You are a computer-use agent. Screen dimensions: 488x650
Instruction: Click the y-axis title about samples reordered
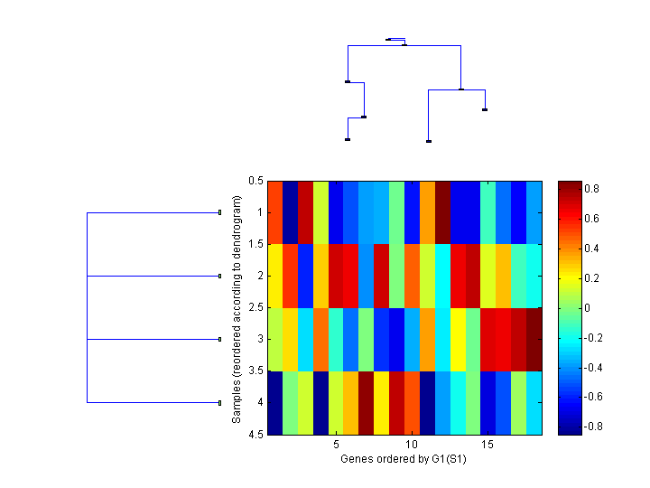pos(237,307)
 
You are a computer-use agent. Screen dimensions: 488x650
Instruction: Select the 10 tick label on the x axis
pos(412,446)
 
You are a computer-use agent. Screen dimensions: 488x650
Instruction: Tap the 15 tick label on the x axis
pos(487,446)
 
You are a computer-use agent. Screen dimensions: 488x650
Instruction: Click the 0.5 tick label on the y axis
pos(255,181)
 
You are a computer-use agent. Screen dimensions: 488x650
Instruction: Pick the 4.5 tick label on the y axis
pos(255,434)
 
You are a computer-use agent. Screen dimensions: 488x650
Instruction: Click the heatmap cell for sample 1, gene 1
pos(275,212)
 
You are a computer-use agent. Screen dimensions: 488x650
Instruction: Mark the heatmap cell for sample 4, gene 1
pos(275,402)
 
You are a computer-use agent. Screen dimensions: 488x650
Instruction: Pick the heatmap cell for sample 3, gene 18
pos(534,339)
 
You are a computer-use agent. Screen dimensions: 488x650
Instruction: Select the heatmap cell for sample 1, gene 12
pos(443,212)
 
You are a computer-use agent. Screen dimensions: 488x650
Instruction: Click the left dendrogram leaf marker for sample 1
pos(220,212)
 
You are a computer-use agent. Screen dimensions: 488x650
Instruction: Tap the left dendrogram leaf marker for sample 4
pos(220,402)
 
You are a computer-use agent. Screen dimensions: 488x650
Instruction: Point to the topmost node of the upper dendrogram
pos(388,39)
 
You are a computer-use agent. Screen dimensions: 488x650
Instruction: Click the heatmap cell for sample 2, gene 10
pos(413,276)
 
